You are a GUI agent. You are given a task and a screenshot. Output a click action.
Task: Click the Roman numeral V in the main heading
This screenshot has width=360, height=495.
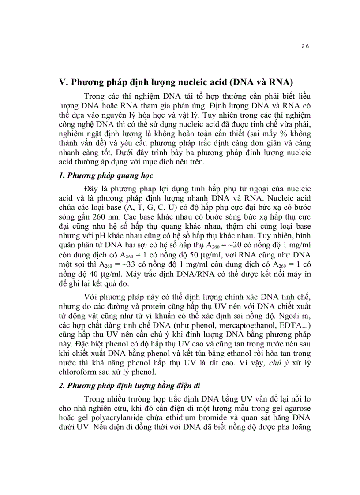point(63,83)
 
